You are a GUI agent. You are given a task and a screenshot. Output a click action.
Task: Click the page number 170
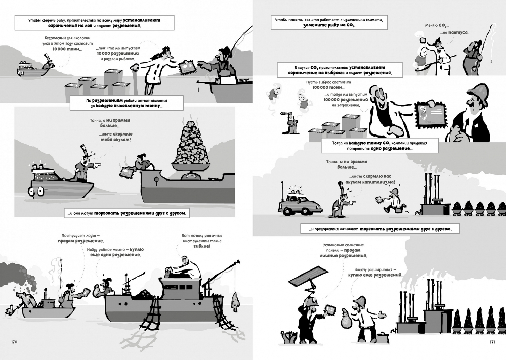[x=14, y=342]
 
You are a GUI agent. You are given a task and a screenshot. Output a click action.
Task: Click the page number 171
[x=492, y=342]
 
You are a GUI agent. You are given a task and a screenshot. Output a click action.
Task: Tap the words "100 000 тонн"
[x=328, y=87]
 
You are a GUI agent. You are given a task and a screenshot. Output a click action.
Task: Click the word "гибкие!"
[x=202, y=246]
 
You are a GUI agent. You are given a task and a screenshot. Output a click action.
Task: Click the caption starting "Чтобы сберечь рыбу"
[x=94, y=23]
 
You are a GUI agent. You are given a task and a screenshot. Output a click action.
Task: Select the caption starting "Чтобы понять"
[x=329, y=23]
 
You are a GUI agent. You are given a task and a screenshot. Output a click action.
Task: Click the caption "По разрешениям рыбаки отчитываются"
[x=126, y=103]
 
